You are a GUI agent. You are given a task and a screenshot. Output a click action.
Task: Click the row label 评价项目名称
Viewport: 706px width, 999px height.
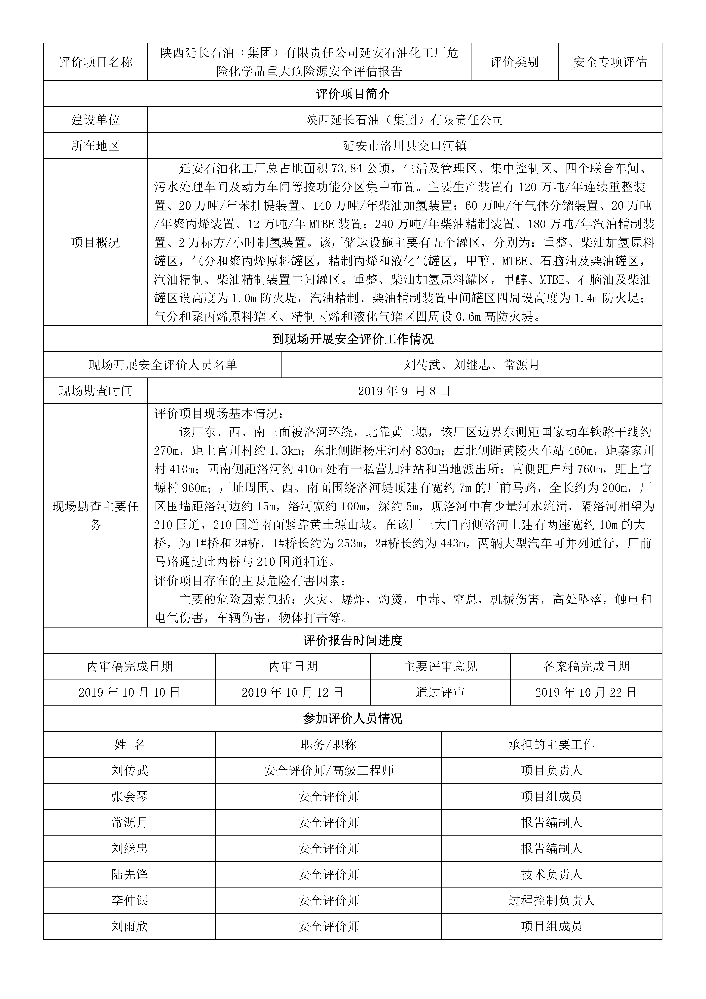95,62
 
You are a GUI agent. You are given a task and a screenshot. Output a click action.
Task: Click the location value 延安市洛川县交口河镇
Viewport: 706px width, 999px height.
405,146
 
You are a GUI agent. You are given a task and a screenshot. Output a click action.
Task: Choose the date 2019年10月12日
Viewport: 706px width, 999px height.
293,692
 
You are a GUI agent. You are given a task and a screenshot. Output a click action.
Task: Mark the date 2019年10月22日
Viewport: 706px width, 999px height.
586,692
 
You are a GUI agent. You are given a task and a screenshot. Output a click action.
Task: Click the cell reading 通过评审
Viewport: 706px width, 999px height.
440,692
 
